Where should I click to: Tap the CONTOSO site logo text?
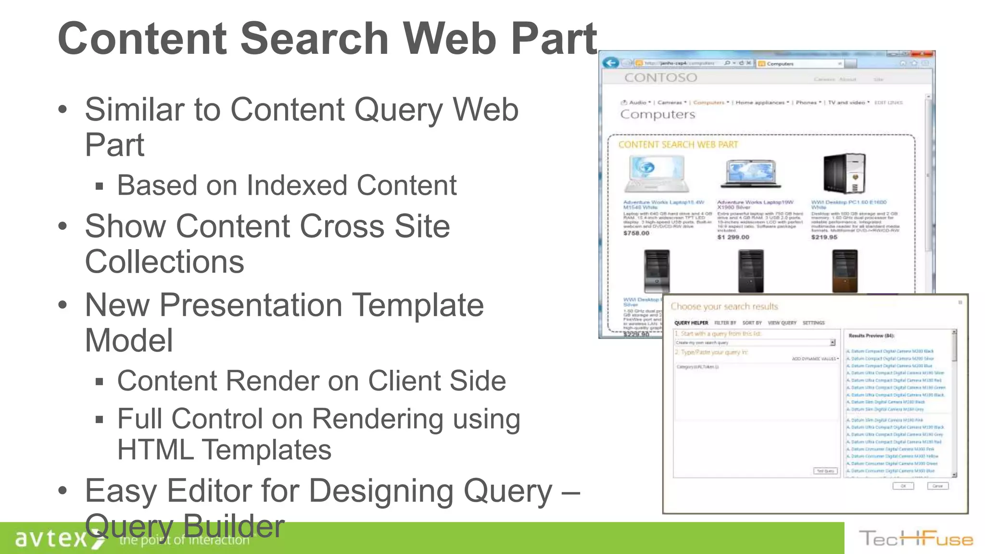point(660,77)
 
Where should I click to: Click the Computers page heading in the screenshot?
point(657,114)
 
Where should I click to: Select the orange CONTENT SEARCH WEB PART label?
point(678,145)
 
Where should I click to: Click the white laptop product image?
point(657,174)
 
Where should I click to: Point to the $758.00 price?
point(636,233)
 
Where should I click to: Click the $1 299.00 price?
point(733,237)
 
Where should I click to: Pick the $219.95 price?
point(824,237)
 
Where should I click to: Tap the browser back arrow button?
point(611,63)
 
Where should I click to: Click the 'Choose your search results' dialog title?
point(724,306)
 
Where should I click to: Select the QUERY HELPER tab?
point(691,323)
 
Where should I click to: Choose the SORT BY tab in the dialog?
point(752,323)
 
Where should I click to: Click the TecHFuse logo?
point(916,539)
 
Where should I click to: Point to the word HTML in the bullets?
point(155,450)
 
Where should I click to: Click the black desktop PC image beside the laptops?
point(845,174)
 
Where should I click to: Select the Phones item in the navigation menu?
point(806,102)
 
